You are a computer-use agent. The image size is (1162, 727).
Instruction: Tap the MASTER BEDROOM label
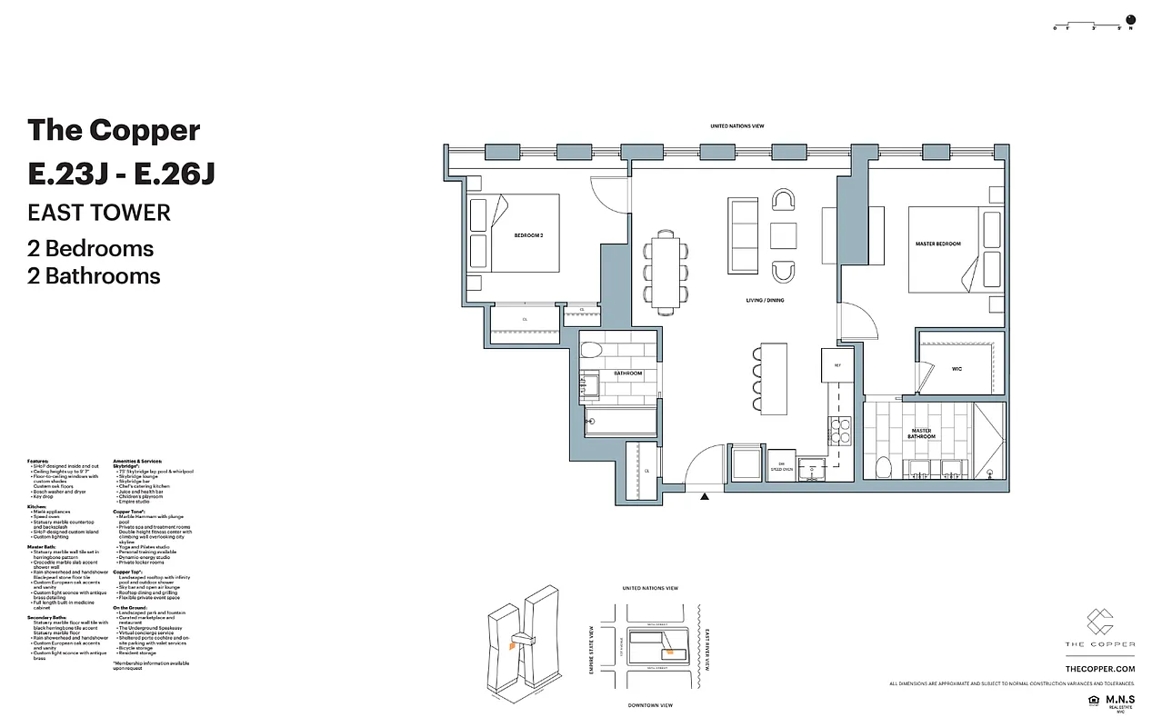point(937,244)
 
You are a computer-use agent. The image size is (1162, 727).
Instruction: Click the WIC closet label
point(957,369)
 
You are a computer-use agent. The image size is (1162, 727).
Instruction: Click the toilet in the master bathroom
point(881,467)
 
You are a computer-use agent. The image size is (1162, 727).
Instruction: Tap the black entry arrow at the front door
point(705,496)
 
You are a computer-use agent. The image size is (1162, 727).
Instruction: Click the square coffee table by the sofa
point(783,235)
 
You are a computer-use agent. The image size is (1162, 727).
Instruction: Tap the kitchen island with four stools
point(774,375)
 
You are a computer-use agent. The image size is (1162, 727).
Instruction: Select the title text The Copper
point(114,130)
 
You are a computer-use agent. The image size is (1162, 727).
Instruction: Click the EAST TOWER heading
point(99,213)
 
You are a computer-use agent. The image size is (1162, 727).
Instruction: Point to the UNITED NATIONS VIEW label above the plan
point(744,126)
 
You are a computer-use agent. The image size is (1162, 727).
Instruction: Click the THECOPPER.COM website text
point(1106,668)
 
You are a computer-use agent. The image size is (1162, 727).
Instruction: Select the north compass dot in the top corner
point(1131,18)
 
